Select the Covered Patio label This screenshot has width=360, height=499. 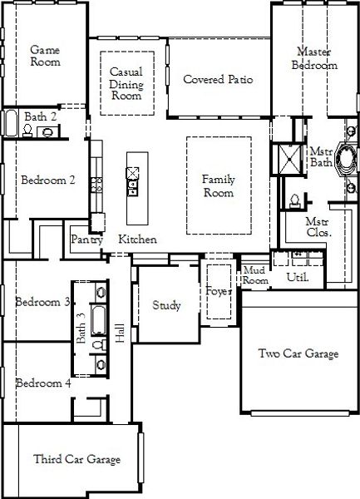coord(218,80)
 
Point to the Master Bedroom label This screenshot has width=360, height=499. coord(315,58)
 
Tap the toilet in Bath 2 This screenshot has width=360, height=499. coord(47,131)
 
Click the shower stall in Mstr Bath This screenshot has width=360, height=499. coord(291,156)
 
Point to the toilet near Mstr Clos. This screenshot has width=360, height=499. coord(295,200)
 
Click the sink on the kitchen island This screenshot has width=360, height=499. coord(132,174)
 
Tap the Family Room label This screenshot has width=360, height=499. coord(219,185)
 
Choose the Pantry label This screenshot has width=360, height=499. coord(86,240)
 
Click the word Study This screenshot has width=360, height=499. coord(167,305)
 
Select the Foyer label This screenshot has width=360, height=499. coord(218,290)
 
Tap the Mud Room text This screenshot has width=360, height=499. coord(254,275)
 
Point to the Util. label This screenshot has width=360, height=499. coord(298,277)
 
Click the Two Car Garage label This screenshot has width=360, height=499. coord(298,354)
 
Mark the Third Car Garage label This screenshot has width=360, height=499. coord(76,459)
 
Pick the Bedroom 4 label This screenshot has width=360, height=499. coord(43,383)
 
